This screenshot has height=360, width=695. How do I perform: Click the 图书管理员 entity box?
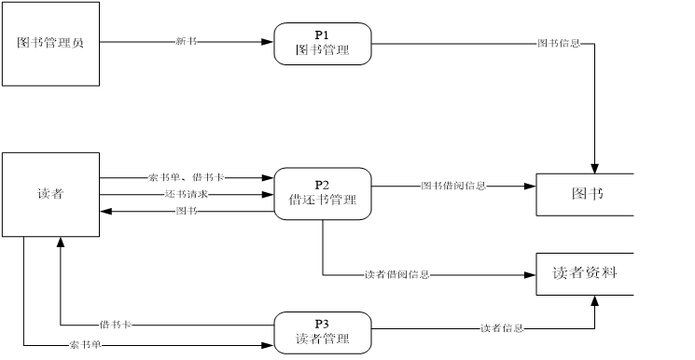[50, 44]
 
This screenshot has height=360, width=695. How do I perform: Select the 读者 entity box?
[50, 194]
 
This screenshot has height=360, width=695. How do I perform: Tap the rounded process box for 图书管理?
[322, 44]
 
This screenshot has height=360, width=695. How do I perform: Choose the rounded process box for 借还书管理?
[322, 194]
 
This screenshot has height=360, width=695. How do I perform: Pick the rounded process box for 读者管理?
[322, 333]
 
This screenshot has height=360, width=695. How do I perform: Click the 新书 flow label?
[186, 41]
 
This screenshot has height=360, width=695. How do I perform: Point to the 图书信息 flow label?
[559, 43]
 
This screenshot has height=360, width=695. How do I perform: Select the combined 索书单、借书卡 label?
[186, 177]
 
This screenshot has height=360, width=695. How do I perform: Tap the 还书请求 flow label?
[186, 194]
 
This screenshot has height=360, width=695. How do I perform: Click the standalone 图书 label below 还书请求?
[187, 211]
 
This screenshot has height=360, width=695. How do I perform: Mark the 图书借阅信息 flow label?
[453, 186]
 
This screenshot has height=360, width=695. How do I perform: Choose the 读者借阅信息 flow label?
[396, 274]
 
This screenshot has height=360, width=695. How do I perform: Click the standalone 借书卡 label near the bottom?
[116, 325]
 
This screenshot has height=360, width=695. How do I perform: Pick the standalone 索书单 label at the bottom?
[85, 345]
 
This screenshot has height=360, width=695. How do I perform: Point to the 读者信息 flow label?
[502, 327]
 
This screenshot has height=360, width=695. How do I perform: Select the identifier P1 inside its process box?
[322, 35]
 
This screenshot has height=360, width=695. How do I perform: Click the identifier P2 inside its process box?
[322, 185]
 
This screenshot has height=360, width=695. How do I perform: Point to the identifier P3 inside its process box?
[322, 324]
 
